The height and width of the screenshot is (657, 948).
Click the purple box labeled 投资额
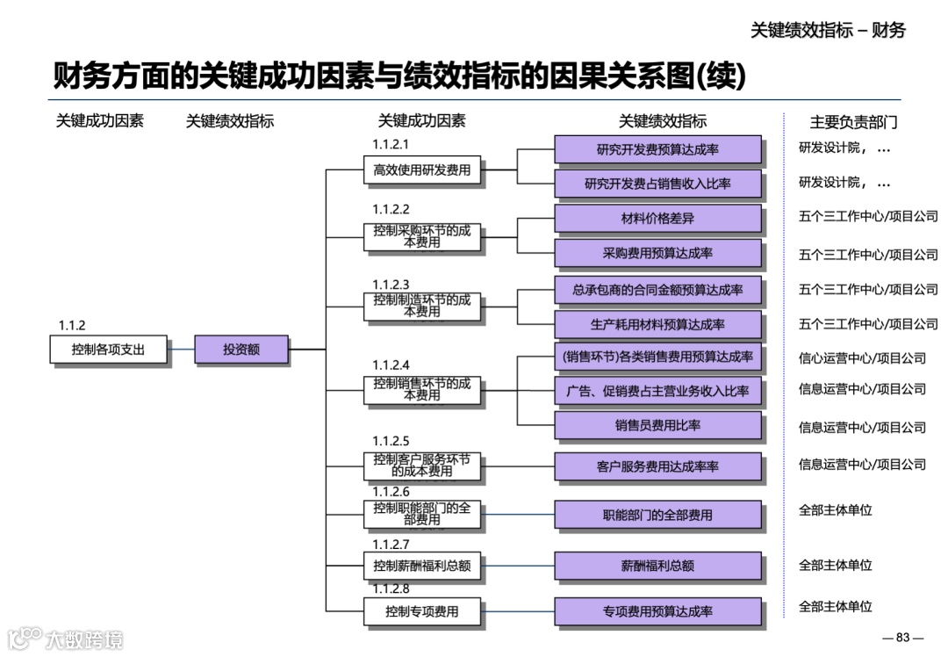[x=241, y=350]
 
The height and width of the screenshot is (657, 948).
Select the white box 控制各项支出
[x=108, y=350]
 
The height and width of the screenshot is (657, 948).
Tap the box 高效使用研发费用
[x=422, y=170]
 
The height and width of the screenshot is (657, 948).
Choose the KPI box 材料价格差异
[x=657, y=218]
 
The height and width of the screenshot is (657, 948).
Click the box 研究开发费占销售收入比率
[x=657, y=184]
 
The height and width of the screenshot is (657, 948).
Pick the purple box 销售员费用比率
[x=657, y=426]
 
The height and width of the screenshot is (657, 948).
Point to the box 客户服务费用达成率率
[x=657, y=466]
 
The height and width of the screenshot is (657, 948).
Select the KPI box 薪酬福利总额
[x=657, y=567]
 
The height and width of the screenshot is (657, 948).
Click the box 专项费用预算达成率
[x=657, y=611]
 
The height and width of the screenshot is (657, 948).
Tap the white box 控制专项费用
[x=422, y=611]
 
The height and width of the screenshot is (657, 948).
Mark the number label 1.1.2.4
[x=391, y=365]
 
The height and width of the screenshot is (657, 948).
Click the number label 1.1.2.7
[x=391, y=545]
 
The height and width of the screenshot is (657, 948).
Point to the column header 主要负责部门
[x=853, y=122]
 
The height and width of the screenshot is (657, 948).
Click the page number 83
[x=902, y=638]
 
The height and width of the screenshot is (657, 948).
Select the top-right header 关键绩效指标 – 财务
[x=828, y=30]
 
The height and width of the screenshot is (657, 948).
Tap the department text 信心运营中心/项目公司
[x=862, y=358]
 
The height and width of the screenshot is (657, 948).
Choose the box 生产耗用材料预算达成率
[x=657, y=324]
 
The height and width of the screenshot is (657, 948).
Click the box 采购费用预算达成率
[x=657, y=253]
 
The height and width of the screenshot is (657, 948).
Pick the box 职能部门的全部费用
[x=657, y=516]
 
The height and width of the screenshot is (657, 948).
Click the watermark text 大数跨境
[x=85, y=639]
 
